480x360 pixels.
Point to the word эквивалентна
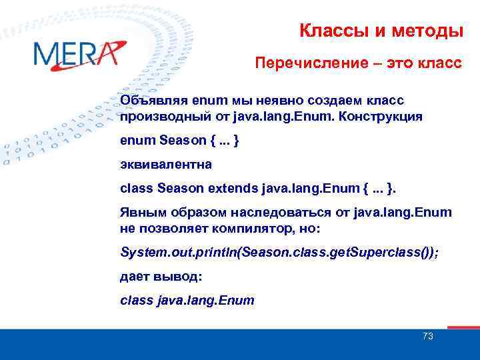[x=161, y=165]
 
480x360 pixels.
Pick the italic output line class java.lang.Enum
[x=187, y=300]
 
